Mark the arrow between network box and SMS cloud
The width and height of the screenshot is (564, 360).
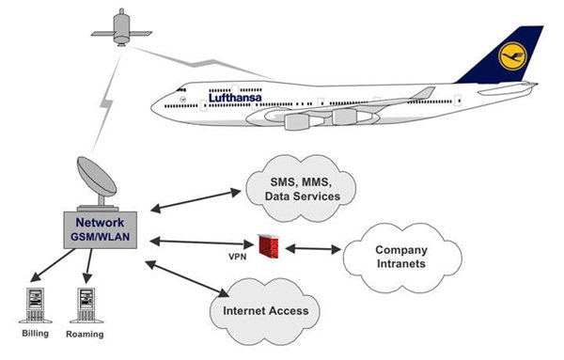pos(195,201)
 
